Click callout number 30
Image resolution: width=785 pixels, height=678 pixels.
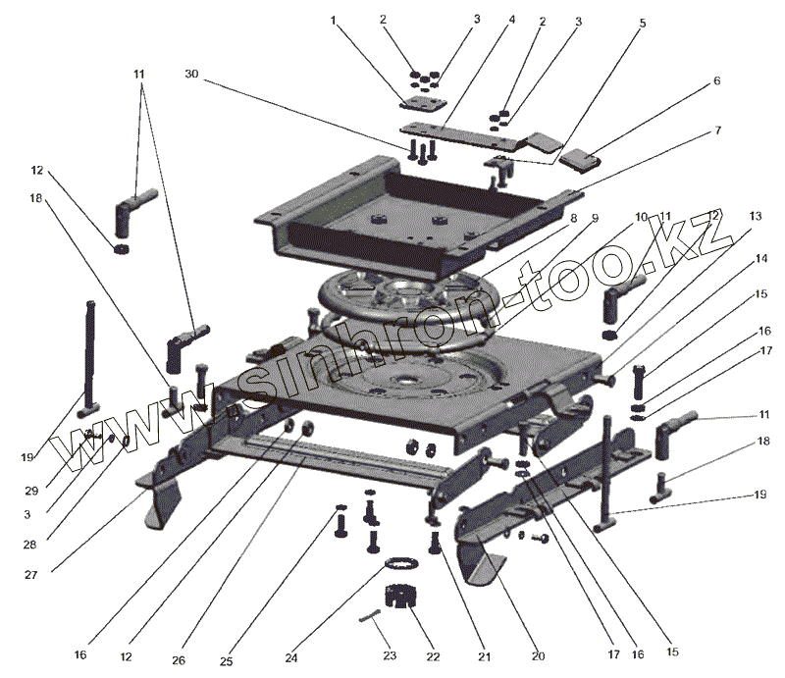[191, 75]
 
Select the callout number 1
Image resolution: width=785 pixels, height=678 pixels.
[333, 19]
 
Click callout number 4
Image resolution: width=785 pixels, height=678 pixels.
[511, 19]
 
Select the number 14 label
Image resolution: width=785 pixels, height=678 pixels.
[761, 259]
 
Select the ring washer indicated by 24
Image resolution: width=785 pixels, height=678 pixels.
[400, 563]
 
